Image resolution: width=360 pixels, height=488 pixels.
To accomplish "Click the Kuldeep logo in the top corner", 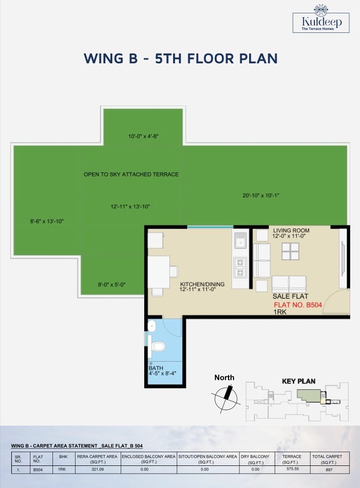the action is (x=321, y=19).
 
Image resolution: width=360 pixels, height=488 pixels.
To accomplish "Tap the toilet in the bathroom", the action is (x=157, y=346).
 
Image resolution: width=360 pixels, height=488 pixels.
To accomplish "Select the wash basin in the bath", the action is (x=152, y=326).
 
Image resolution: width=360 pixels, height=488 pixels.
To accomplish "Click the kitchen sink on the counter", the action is (x=240, y=240).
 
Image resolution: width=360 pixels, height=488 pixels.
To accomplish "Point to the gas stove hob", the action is (x=240, y=268).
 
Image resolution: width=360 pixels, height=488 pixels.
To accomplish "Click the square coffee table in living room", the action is (x=290, y=251).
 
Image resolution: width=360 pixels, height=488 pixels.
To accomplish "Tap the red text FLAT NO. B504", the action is (x=298, y=305).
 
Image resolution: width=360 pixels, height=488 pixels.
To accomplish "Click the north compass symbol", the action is (x=226, y=398).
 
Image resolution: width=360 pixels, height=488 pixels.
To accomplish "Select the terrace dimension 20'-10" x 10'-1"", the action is (x=261, y=195).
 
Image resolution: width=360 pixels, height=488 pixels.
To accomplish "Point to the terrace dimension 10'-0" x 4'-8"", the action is (x=143, y=136).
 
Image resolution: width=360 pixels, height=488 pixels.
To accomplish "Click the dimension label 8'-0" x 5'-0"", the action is (x=112, y=284).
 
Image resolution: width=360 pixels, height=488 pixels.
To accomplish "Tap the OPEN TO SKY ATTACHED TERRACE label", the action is (x=131, y=174).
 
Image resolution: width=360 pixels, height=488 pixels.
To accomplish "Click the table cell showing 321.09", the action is (x=97, y=469).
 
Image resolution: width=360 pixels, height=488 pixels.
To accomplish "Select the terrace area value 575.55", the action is (x=292, y=469).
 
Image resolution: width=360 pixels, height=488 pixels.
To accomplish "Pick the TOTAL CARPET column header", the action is (x=327, y=459).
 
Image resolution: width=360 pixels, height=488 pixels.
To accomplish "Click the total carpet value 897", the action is (x=329, y=470).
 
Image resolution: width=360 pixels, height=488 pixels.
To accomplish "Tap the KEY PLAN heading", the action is (x=299, y=381).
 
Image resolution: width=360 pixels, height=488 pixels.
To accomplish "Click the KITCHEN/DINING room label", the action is (x=203, y=284).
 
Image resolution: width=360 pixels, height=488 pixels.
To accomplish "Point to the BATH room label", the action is (x=156, y=368).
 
